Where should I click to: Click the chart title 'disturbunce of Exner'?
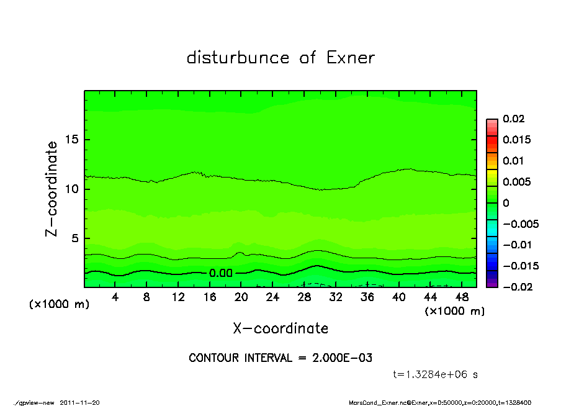pyautogui.click(x=280, y=58)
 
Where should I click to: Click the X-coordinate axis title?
pyautogui.click(x=280, y=328)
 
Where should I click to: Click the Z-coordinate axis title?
pyautogui.click(x=52, y=189)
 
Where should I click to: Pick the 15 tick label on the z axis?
pyautogui.click(x=72, y=140)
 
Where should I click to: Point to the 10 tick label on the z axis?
pyautogui.click(x=72, y=189)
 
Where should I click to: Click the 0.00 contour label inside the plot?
pyautogui.click(x=220, y=273)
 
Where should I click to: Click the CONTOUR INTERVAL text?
pyautogui.click(x=280, y=358)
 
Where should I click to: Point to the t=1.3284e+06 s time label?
pyautogui.click(x=435, y=374)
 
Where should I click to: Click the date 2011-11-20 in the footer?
pyautogui.click(x=79, y=402)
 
